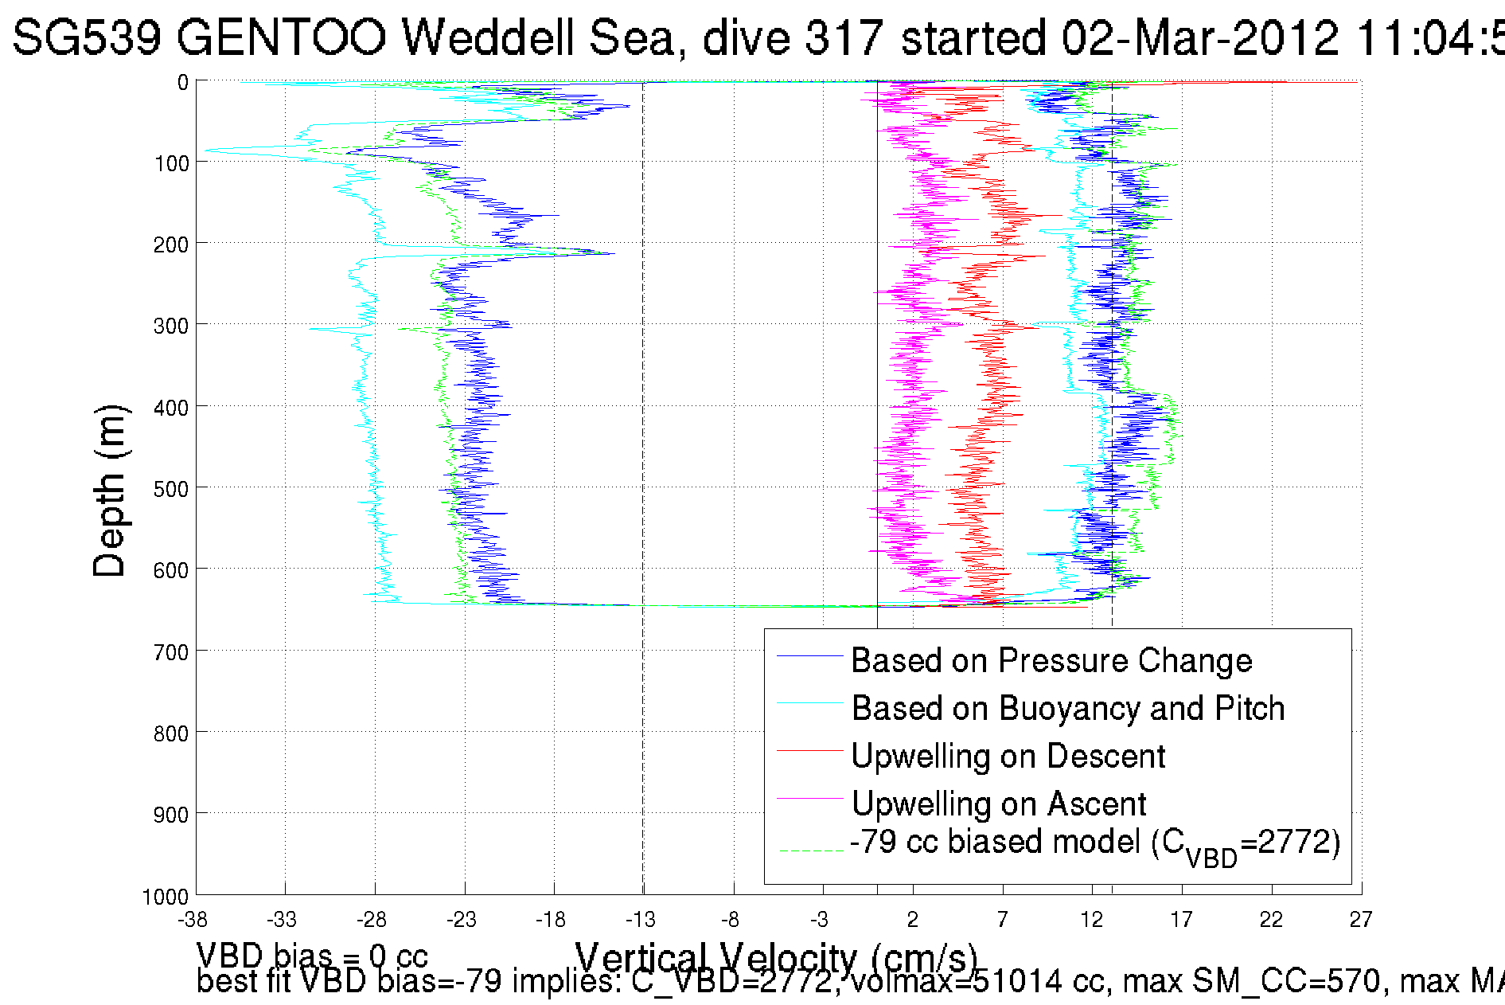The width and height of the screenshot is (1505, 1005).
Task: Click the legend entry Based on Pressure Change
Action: tap(1051, 660)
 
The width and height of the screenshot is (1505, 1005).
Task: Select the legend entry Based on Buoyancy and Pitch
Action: tap(1067, 708)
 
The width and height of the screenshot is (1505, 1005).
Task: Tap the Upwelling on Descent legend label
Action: tap(1008, 756)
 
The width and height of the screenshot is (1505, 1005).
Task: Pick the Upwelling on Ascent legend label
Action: tap(998, 804)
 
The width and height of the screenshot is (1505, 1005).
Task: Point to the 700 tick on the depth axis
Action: tap(171, 652)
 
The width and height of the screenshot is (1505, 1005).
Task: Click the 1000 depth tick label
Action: tap(166, 897)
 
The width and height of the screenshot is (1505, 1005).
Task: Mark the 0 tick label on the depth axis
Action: tap(183, 82)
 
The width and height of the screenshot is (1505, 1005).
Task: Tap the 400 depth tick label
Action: tap(171, 408)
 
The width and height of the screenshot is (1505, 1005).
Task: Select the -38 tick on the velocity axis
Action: tap(193, 920)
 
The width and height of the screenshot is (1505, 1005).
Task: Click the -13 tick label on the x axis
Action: tap(641, 920)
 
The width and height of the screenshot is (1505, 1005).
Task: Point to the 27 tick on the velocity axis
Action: tap(1361, 920)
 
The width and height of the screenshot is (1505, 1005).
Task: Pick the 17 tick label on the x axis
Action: tap(1181, 920)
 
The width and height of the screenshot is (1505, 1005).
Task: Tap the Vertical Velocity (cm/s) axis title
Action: tap(776, 956)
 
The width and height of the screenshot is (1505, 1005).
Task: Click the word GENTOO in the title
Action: tap(282, 37)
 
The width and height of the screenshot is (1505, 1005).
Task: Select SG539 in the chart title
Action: tap(88, 37)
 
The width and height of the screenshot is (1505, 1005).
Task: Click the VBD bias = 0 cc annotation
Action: tap(312, 956)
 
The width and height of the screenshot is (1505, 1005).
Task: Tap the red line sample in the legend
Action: tap(809, 750)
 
